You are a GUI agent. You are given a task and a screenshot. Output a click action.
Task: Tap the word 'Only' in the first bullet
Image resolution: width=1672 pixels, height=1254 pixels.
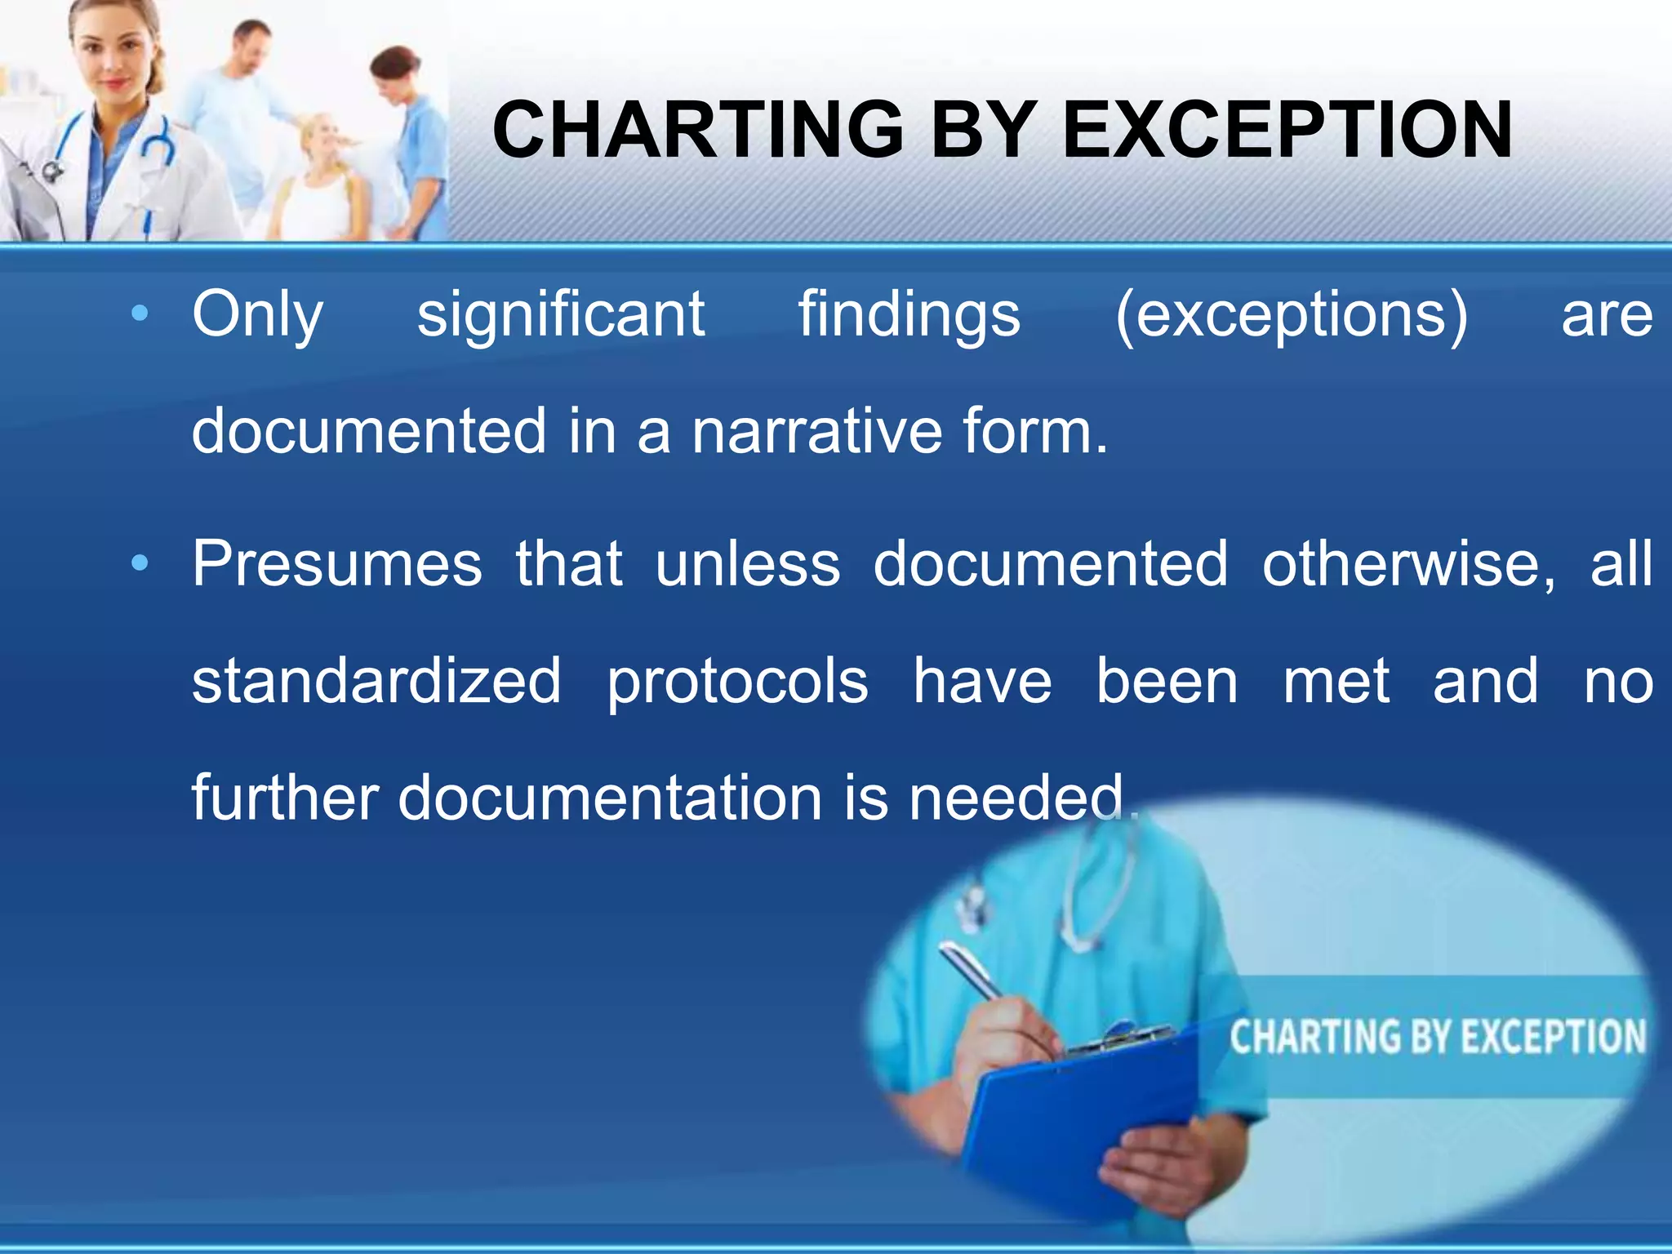pos(257,314)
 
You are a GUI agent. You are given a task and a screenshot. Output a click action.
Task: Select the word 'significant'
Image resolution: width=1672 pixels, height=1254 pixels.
pos(561,314)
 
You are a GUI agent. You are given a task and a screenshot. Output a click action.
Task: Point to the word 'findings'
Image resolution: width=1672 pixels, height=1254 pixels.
pos(909,314)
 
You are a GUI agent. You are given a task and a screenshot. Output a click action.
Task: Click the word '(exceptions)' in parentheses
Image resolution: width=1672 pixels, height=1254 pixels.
pos(1291,314)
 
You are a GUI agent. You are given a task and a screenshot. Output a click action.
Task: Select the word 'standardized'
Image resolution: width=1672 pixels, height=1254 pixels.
pos(376,681)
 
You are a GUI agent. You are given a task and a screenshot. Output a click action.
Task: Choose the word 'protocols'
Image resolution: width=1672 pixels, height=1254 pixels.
pos(737,683)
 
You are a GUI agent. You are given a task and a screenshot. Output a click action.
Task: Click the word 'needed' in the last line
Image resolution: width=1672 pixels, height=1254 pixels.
pos(1017,798)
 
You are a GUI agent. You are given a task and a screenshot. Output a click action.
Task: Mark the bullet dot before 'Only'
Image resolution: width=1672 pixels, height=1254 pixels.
pos(140,313)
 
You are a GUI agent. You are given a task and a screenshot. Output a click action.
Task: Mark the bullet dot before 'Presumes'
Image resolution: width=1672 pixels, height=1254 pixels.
pos(140,563)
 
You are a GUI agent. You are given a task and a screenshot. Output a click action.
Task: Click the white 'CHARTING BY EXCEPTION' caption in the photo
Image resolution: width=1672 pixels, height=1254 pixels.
pos(1437,1037)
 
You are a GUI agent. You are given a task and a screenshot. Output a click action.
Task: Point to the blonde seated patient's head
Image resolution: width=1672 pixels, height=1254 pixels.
pos(323,139)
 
